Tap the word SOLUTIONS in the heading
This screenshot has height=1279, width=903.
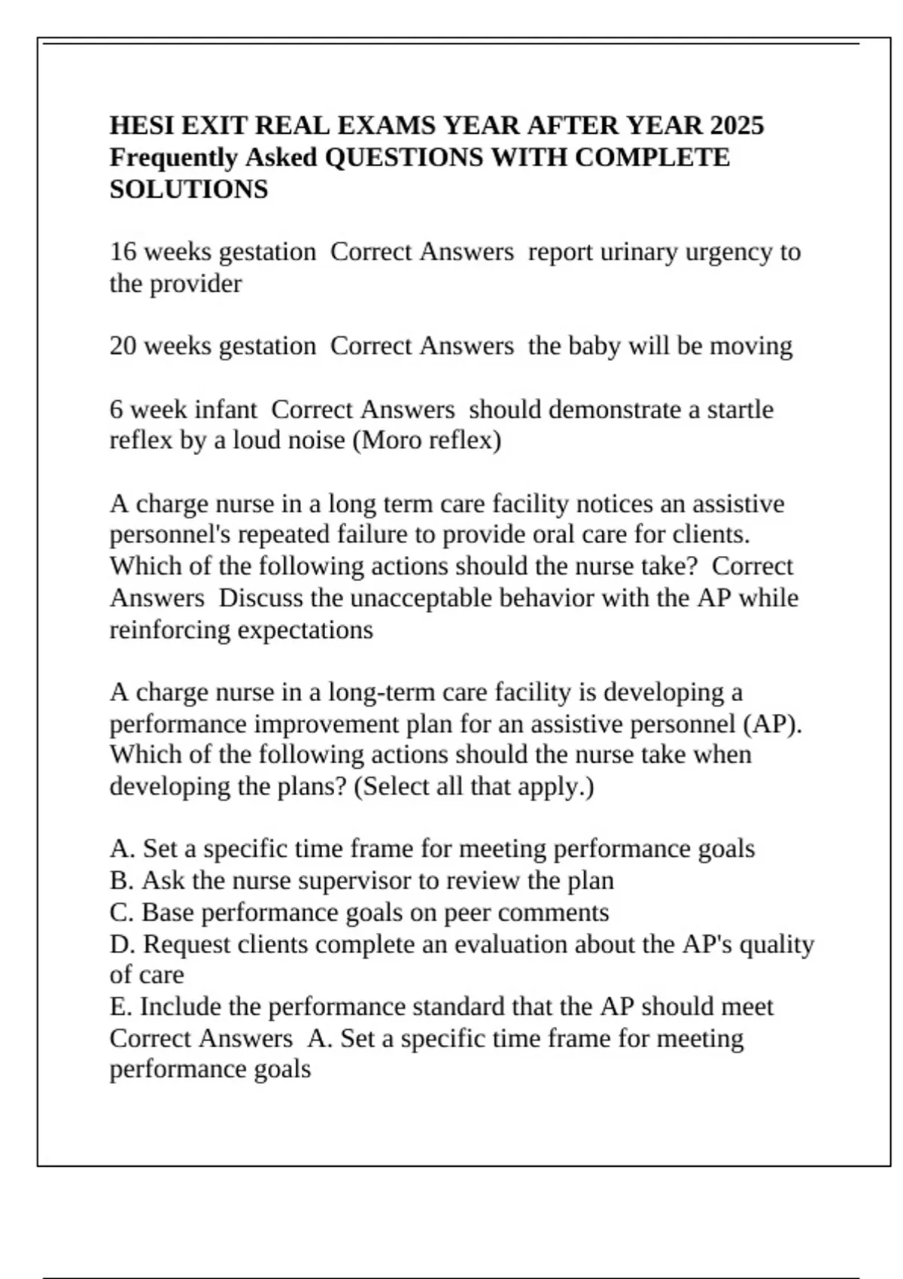tap(189, 189)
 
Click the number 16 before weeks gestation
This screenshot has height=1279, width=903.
tap(123, 251)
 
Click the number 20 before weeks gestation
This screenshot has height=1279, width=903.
tap(123, 346)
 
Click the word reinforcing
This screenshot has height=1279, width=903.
tap(171, 630)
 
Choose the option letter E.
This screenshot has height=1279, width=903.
tap(118, 1007)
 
